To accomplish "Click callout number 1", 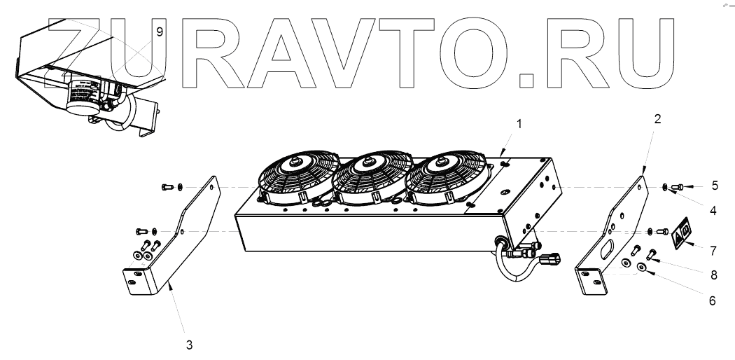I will pos(519,123).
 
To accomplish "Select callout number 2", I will pos(657,119).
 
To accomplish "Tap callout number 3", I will pos(188,344).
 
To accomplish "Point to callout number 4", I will pos(713,209).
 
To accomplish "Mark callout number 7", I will pos(713,249).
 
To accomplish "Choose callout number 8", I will pos(713,275).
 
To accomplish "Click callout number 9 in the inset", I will pos(160,32).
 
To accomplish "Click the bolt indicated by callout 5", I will pos(678,186).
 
